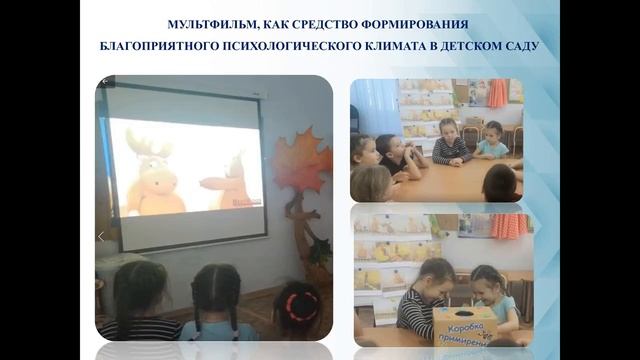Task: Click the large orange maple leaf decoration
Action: pos(302,161)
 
